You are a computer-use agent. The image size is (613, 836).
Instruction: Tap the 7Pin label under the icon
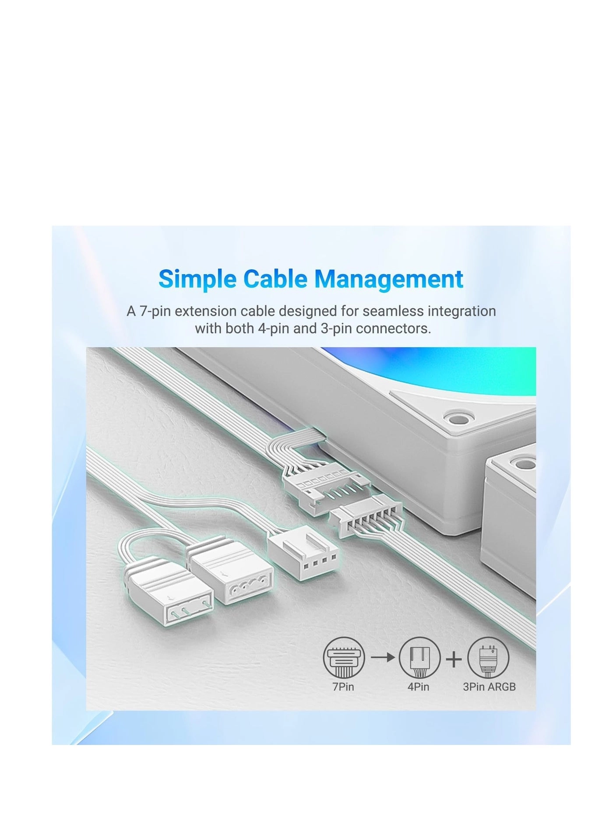[343, 686]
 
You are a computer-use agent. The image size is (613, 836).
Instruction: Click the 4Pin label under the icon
[418, 686]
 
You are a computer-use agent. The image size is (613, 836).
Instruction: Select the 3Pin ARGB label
[489, 686]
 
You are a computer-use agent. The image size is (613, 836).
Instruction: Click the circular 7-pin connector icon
[344, 657]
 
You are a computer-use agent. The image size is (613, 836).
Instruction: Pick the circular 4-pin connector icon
[419, 657]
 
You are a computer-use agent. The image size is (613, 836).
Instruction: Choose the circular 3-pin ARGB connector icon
[488, 657]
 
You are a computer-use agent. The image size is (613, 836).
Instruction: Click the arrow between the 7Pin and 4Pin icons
[383, 657]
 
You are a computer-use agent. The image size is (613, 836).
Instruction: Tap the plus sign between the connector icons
[454, 658]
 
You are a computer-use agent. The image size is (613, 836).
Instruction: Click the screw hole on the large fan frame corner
[457, 418]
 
